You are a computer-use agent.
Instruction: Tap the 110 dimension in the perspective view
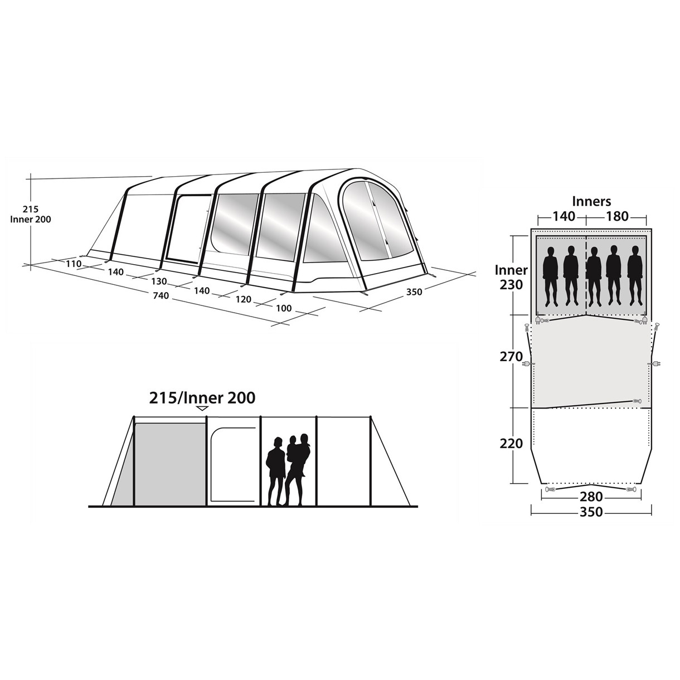(x=74, y=264)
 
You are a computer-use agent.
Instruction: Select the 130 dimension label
(x=159, y=281)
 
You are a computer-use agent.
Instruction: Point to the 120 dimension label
(x=243, y=299)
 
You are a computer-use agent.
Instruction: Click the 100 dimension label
(x=284, y=308)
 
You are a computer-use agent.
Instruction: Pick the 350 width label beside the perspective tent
(x=414, y=292)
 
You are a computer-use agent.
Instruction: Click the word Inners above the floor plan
(x=591, y=201)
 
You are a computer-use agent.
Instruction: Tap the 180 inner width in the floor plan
(x=617, y=216)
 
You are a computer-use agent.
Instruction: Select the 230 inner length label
(x=511, y=284)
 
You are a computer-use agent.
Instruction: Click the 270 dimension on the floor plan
(x=511, y=357)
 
